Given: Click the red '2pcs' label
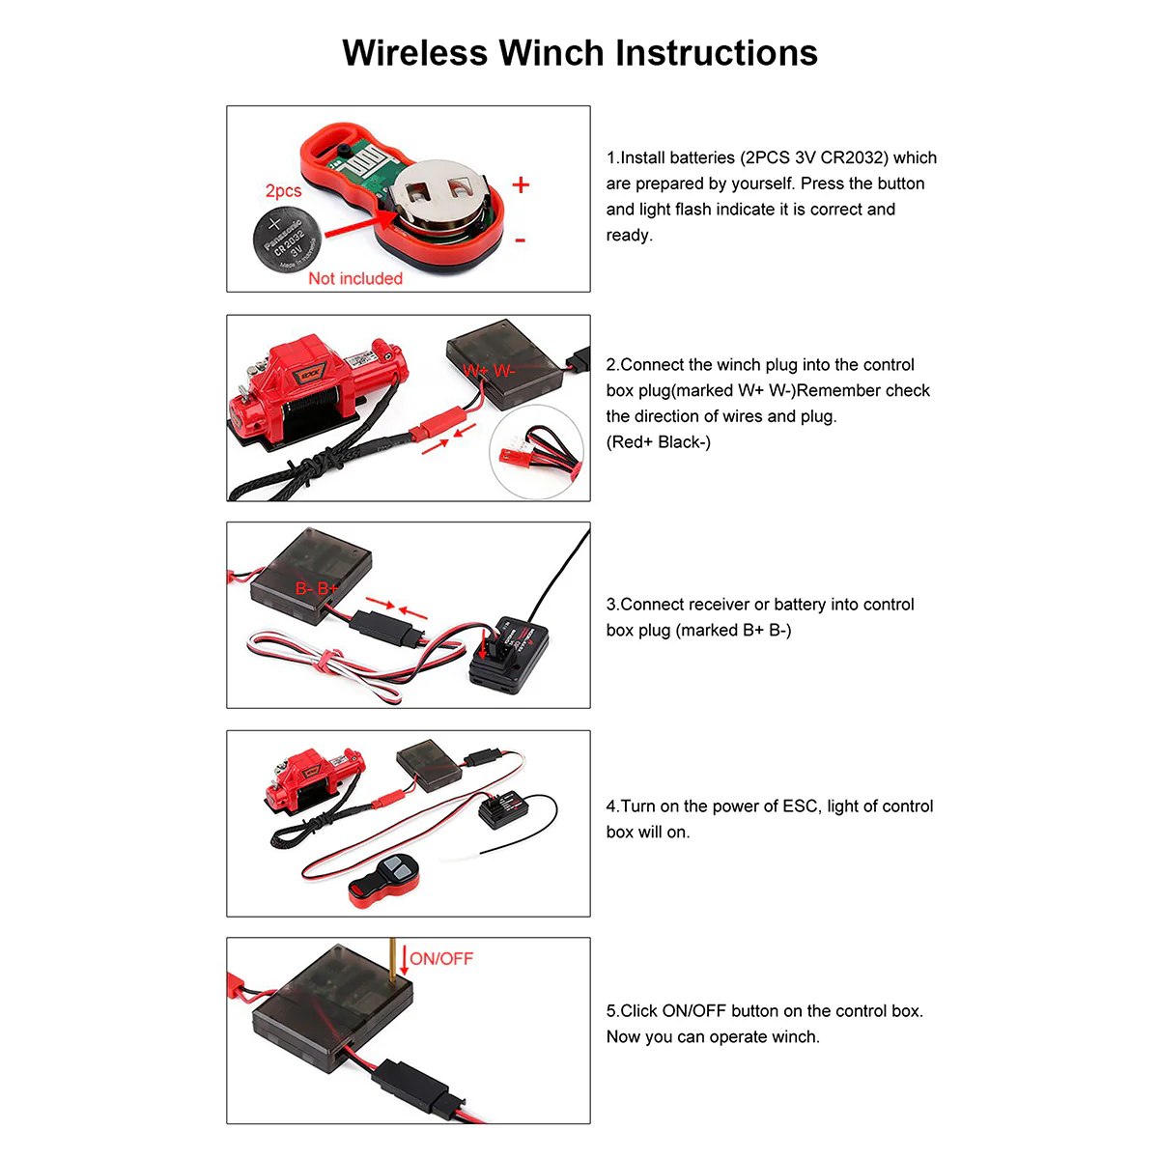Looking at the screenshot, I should [x=283, y=191].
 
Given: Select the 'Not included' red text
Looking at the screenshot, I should [x=354, y=278].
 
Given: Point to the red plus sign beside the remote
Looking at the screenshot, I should [x=521, y=184].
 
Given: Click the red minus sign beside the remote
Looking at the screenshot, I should [x=521, y=240].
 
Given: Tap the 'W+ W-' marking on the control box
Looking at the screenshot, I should [x=489, y=371].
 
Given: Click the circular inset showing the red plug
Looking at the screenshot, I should [x=537, y=452].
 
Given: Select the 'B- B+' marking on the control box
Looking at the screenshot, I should [x=317, y=588].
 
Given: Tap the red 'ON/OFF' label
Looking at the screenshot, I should [x=441, y=959].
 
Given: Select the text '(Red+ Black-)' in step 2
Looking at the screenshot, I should [x=658, y=442].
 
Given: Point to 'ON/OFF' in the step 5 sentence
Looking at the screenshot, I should [x=693, y=1011].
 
